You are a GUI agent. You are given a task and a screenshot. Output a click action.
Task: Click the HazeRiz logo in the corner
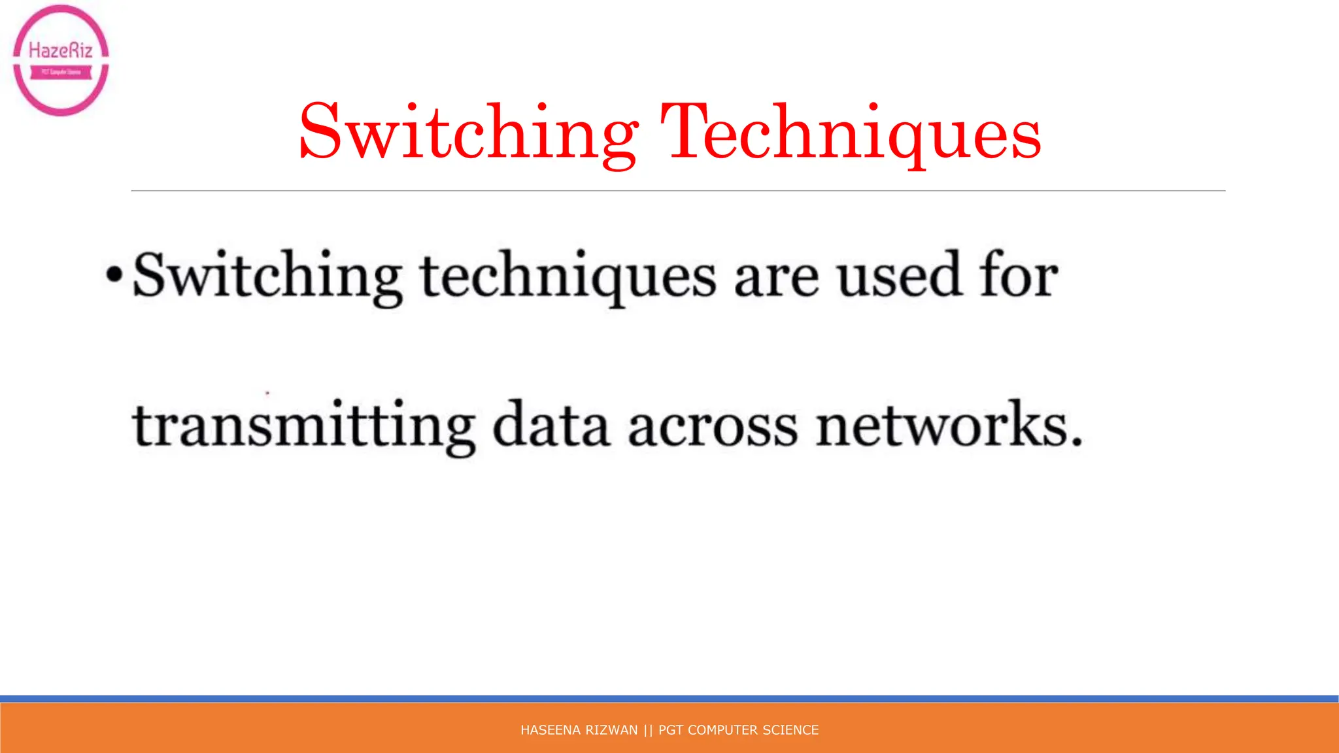pyautogui.click(x=61, y=60)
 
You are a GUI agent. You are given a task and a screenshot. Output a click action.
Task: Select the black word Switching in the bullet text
pyautogui.click(x=267, y=276)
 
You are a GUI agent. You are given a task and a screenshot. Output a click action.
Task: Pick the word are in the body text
pyautogui.click(x=776, y=280)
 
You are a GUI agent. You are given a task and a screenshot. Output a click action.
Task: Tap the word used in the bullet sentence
pyautogui.click(x=900, y=276)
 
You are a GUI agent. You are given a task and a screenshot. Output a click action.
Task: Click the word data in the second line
pyautogui.click(x=551, y=425)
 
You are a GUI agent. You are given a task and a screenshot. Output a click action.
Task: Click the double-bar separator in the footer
pyautogui.click(x=648, y=730)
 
